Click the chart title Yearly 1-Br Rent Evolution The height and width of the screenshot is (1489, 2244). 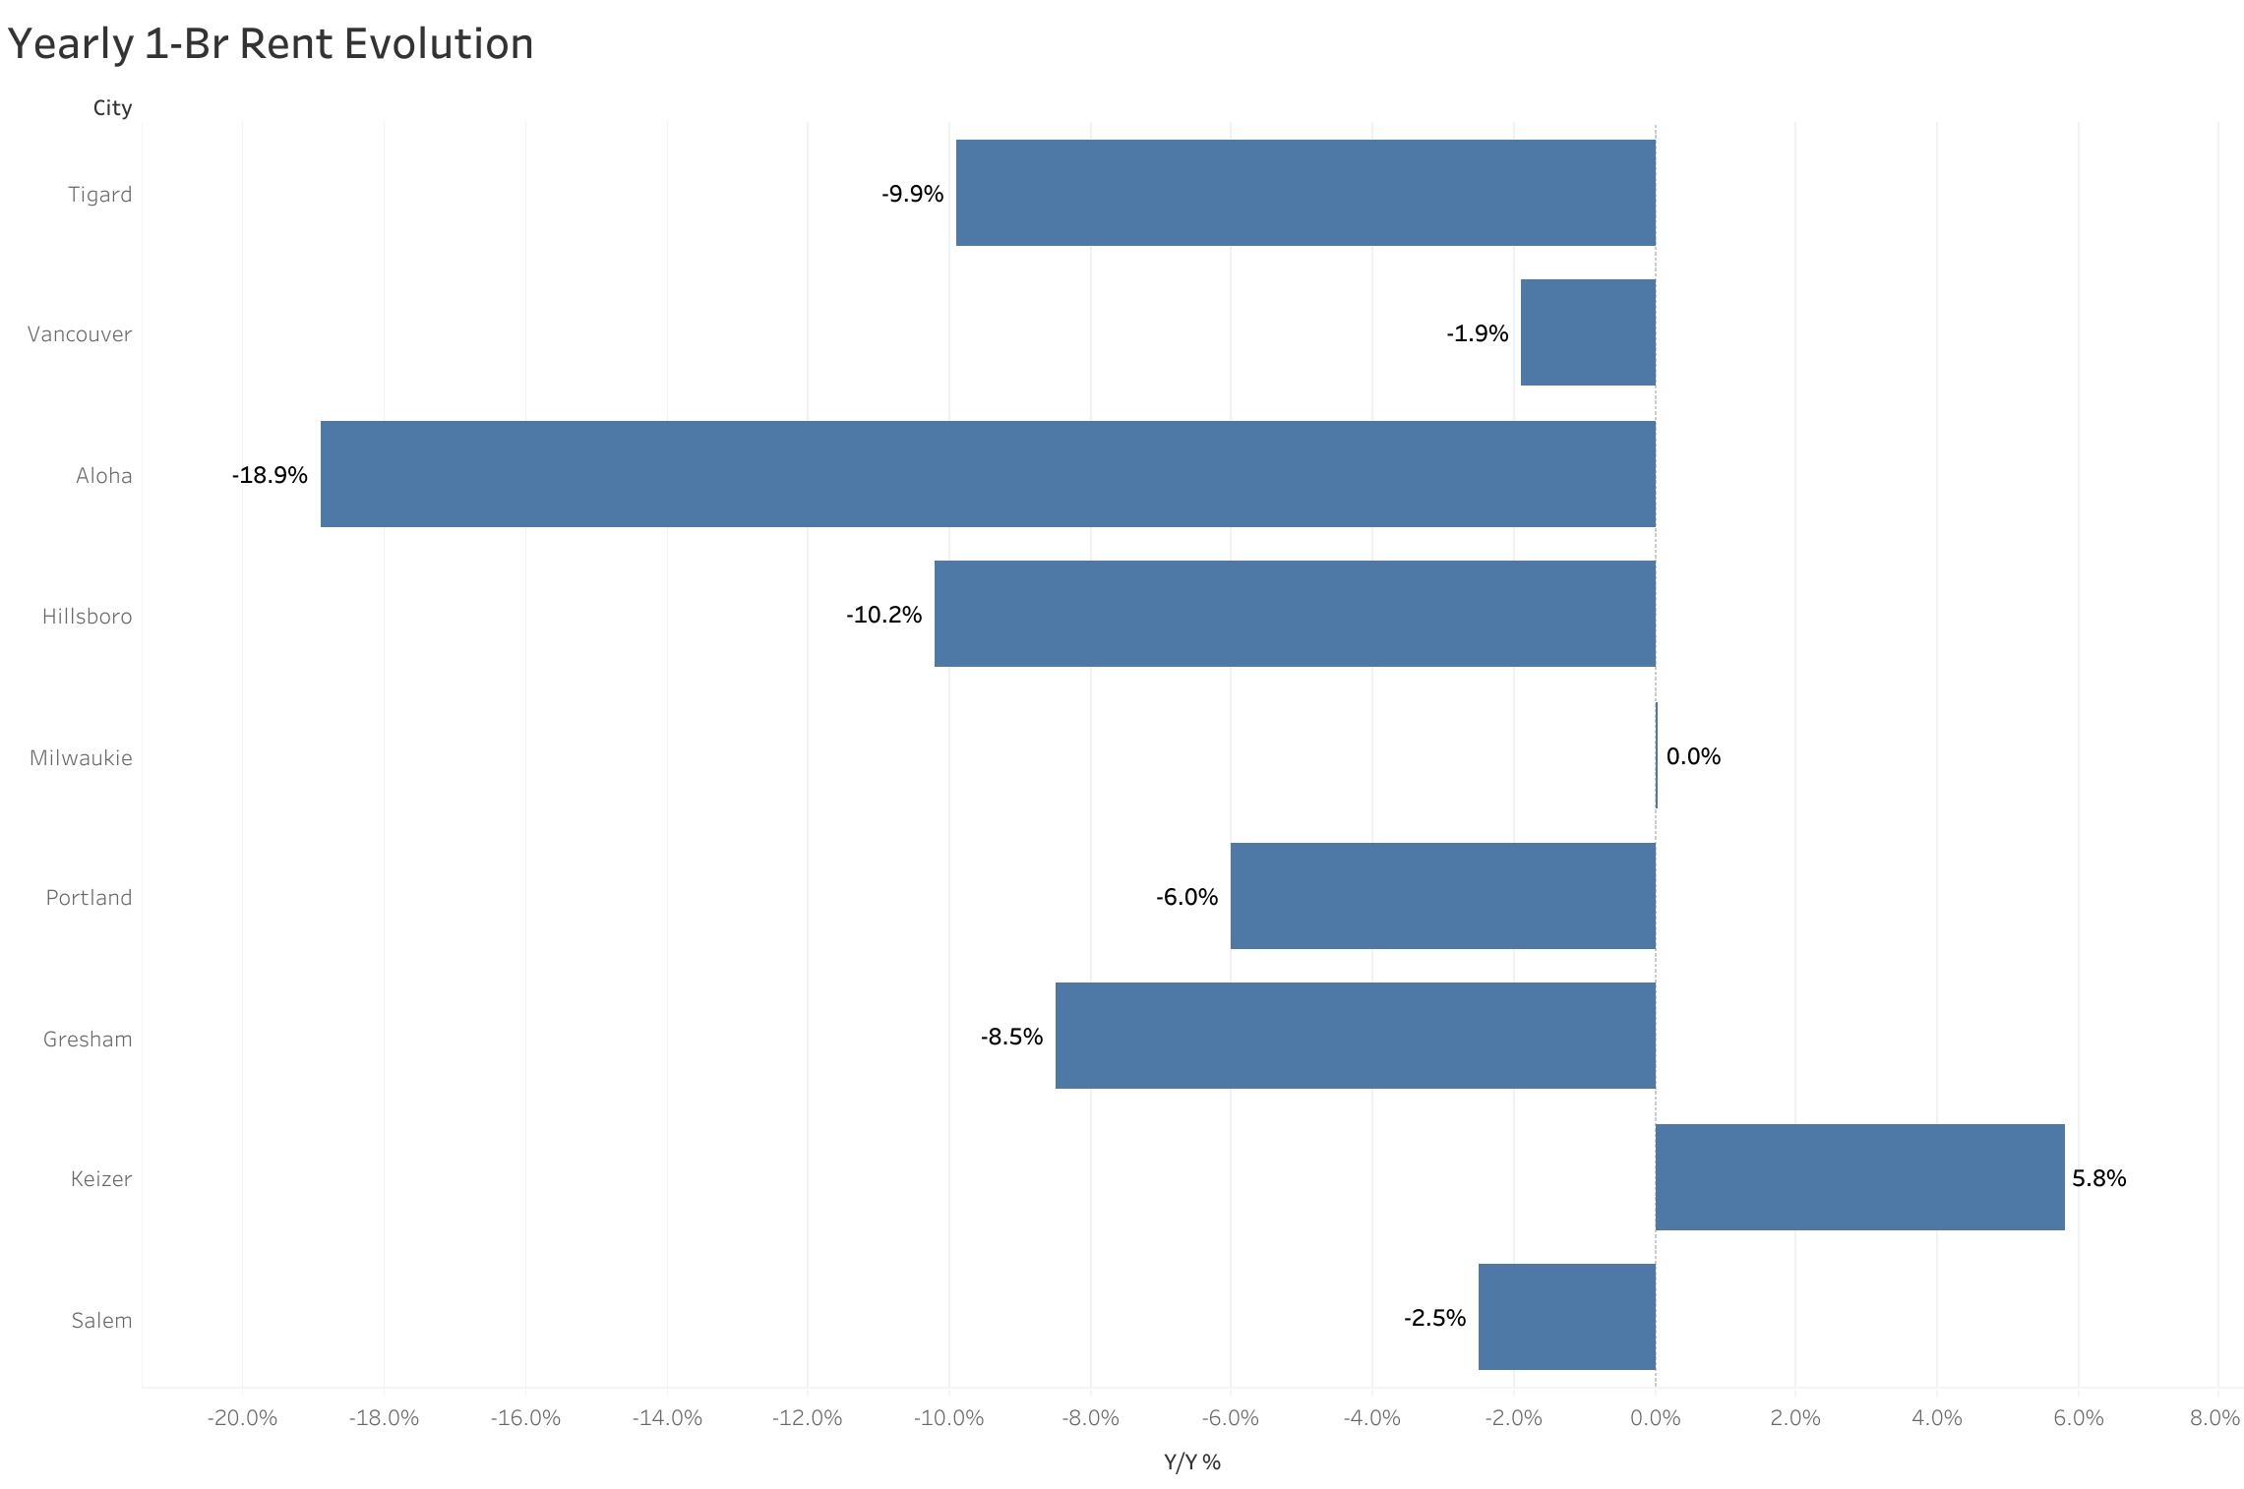271,44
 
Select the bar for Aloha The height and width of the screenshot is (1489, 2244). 988,474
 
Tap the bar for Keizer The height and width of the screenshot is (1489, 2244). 1859,1177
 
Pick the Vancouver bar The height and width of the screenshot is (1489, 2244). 1588,332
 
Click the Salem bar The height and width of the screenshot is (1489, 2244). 1566,1317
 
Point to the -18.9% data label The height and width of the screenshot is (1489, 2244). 270,475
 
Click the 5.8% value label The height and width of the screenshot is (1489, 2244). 2098,1178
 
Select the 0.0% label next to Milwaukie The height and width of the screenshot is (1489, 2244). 1693,756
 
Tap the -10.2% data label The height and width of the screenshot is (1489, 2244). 883,615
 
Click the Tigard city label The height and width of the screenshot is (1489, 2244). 99,194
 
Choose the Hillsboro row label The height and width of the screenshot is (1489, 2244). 87,616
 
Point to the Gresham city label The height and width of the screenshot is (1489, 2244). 88,1039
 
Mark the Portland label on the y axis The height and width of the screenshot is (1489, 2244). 89,897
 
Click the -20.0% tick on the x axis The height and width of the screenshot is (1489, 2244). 242,1417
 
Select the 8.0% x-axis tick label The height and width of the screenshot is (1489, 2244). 2214,1417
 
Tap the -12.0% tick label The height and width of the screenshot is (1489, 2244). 807,1417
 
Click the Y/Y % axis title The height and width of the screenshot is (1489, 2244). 1191,1462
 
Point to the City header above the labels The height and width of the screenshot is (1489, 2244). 112,108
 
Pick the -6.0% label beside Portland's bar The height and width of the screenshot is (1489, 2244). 1186,897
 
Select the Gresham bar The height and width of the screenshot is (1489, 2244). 1355,1036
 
